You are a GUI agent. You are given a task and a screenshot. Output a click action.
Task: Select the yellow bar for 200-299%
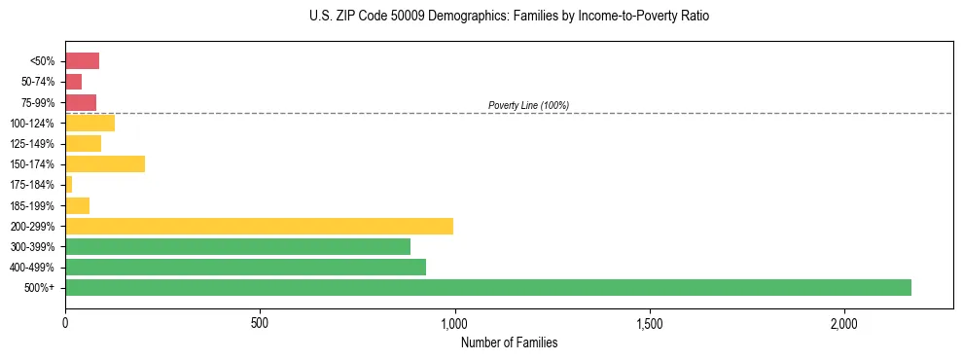coord(259,226)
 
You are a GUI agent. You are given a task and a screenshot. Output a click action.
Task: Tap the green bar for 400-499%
coord(245,267)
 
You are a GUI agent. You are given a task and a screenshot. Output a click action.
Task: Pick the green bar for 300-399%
coord(237,246)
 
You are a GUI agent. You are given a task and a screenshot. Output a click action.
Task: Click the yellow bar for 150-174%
coord(105,164)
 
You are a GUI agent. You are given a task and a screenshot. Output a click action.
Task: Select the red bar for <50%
coord(82,61)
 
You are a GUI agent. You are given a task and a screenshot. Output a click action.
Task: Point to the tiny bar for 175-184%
coord(68,185)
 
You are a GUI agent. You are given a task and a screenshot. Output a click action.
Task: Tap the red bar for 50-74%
coord(73,82)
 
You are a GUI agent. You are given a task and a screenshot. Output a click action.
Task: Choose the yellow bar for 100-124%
coord(89,123)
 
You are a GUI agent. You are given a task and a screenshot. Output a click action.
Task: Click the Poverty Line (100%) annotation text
coord(528,105)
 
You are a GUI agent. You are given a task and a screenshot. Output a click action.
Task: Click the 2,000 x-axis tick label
coord(843,323)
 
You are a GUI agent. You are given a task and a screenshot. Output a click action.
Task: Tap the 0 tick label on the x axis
coord(65,323)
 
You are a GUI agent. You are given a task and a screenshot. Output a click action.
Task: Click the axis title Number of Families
coord(509,342)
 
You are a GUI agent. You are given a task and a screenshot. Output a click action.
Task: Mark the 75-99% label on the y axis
coord(36,102)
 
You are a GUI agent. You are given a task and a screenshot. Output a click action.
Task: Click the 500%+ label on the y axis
coord(40,288)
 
